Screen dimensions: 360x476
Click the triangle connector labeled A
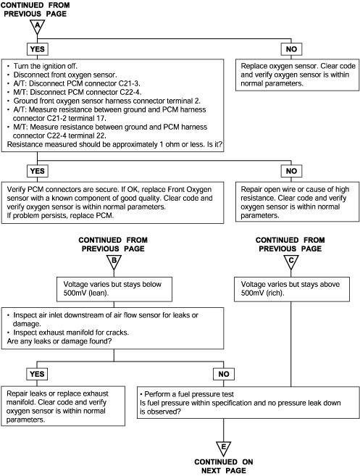coord(38,26)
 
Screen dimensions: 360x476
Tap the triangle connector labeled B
coord(114,262)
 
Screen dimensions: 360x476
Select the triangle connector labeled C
coord(291,262)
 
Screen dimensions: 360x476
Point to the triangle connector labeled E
coord(223,448)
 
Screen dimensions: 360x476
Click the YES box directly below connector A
coord(38,49)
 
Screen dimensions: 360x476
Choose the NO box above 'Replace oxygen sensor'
coord(291,49)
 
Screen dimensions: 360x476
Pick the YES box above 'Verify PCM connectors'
coord(38,171)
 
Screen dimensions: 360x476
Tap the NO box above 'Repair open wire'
coord(291,171)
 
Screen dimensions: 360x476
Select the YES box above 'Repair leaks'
coord(37,374)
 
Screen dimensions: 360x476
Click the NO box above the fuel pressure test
coord(224,374)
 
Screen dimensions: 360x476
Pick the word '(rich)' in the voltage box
coord(275,293)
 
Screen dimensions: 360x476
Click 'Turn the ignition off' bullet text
coord(45,66)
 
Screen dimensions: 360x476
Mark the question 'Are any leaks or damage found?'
coord(59,341)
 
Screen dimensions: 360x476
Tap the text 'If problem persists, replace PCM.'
coord(60,215)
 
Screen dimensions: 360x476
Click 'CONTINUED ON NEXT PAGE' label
coord(224,467)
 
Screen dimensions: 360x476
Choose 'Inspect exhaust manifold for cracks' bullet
coord(71,333)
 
